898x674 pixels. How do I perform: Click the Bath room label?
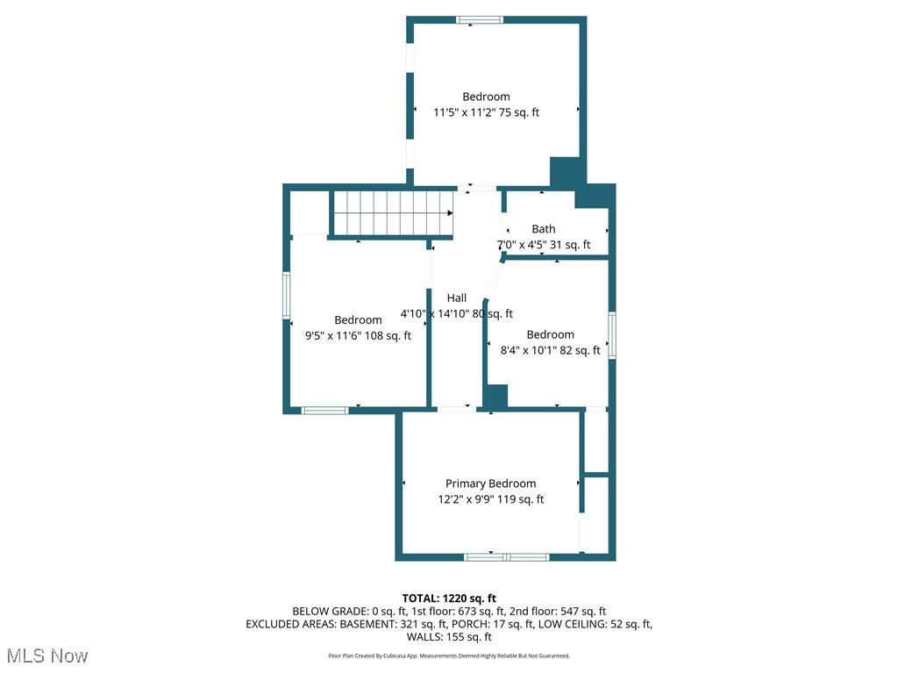point(543,229)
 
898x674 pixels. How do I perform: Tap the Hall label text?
point(456,298)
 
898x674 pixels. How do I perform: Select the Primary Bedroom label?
point(490,484)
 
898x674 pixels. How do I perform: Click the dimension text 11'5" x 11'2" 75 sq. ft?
point(486,112)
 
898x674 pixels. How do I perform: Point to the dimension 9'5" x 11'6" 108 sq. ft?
point(358,335)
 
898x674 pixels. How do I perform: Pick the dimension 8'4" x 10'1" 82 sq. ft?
point(550,350)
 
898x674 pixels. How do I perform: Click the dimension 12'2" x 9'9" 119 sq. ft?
point(490,499)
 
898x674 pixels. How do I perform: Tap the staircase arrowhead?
point(449,212)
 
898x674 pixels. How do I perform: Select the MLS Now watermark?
point(47,656)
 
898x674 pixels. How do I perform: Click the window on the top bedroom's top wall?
point(480,19)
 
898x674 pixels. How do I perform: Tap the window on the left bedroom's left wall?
point(286,295)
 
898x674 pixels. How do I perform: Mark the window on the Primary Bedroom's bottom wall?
point(506,556)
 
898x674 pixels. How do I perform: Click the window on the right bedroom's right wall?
point(612,334)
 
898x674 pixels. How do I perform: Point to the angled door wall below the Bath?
point(494,281)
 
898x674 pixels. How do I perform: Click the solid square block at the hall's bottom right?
point(495,397)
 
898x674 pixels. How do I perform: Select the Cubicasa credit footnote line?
point(449,656)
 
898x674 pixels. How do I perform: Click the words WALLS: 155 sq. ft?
point(449,637)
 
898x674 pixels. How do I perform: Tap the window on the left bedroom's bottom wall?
point(325,410)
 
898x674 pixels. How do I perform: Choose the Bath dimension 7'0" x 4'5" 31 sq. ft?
point(544,245)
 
